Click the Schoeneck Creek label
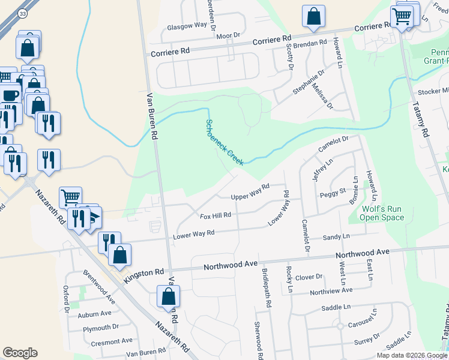[x=224, y=142]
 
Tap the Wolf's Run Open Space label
[x=382, y=214]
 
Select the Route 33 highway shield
[x=22, y=13]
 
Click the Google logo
[x=20, y=353]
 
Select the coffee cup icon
[x=11, y=95]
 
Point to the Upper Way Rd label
[x=250, y=193]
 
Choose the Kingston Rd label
[x=144, y=275]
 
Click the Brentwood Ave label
[x=99, y=287]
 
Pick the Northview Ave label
[x=331, y=292]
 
